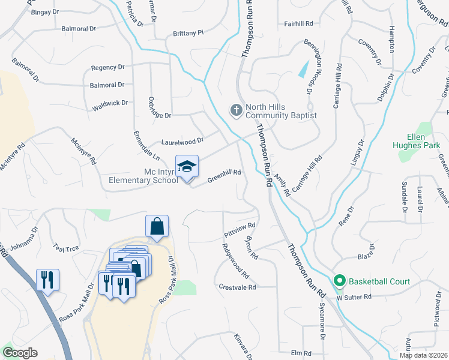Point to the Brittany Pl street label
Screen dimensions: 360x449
coord(188,34)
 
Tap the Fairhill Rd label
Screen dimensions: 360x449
coord(299,23)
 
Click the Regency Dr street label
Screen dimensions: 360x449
coord(107,68)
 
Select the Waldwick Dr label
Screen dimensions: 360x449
coord(110,105)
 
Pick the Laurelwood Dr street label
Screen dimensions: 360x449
coord(182,142)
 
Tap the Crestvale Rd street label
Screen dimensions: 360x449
coord(238,287)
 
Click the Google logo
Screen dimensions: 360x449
coord(20,353)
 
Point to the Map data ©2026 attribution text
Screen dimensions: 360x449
coord(423,355)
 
